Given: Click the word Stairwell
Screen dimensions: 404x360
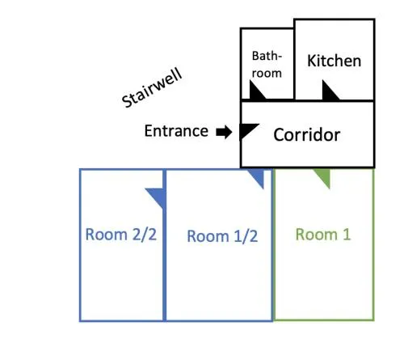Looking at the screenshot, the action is point(152,88).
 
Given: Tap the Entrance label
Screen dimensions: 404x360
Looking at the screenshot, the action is point(176,131).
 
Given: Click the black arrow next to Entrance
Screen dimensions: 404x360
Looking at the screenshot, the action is point(224,132).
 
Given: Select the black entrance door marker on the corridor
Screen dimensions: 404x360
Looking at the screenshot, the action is point(248,131).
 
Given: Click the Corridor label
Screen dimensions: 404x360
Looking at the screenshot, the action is point(307,134).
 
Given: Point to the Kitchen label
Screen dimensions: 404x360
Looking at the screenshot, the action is point(334,61).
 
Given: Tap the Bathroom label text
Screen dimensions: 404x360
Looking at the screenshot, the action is point(267,65).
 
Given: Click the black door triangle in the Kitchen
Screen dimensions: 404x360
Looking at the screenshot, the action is point(329,91).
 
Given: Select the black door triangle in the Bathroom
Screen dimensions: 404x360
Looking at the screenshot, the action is point(256,91).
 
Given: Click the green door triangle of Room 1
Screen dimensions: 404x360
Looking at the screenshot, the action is point(323,177).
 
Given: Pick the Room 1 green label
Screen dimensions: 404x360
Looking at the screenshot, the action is point(323,234).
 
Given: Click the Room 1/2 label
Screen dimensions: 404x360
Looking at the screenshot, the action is point(222,236).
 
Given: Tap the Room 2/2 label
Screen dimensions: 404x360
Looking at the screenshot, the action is point(120,235).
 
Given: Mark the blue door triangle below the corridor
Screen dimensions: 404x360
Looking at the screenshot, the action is point(257,177).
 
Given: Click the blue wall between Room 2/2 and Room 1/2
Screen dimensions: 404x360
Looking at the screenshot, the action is point(164,245).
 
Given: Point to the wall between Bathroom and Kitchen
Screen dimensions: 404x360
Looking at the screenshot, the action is point(294,64).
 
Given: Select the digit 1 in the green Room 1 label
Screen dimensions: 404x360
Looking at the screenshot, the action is point(347,234).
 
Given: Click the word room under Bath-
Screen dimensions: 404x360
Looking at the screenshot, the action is point(267,74).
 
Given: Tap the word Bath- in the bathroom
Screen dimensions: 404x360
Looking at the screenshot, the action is point(267,56).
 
